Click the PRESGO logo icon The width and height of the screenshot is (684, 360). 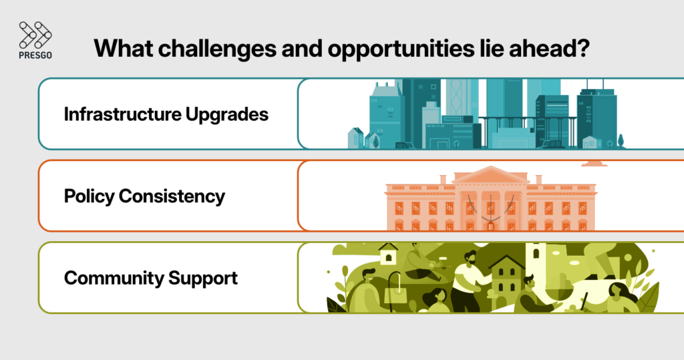pos(35,35)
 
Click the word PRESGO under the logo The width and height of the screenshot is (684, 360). pos(35,55)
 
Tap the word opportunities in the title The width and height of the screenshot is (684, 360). pos(407,49)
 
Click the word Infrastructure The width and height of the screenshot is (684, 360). pos(120,114)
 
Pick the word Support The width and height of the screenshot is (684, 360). pos(206,278)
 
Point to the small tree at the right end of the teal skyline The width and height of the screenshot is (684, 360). pos(621,140)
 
